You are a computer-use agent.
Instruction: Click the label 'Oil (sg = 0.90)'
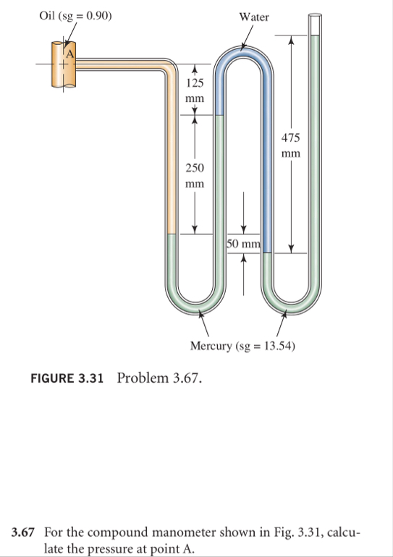pyautogui.click(x=75, y=16)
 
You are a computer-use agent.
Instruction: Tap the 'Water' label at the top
pyautogui.click(x=254, y=17)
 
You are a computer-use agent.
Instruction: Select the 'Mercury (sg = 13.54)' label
pyautogui.click(x=242, y=346)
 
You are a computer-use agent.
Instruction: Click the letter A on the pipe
pyautogui.click(x=69, y=54)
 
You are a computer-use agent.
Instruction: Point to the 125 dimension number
pyautogui.click(x=195, y=82)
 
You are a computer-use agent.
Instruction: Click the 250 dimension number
pyautogui.click(x=195, y=168)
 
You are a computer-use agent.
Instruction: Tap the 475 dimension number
pyautogui.click(x=291, y=137)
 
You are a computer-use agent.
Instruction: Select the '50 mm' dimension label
pyautogui.click(x=244, y=244)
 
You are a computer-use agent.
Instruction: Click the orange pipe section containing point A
pyautogui.click(x=64, y=64)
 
